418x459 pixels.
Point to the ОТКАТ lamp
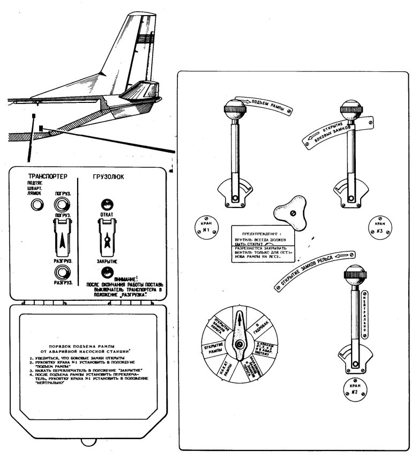click(106, 204)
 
